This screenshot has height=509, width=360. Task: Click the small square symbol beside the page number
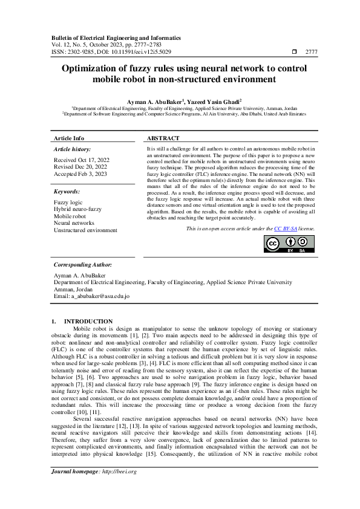(x=295, y=53)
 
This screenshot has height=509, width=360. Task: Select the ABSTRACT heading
(x=163, y=138)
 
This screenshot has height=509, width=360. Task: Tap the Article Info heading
(x=69, y=138)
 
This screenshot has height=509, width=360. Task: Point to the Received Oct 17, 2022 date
(x=80, y=160)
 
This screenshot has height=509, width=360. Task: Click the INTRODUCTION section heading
(x=88, y=321)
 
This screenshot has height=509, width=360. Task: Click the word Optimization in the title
(x=95, y=68)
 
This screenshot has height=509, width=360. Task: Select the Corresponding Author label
(x=82, y=265)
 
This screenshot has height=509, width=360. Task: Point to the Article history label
(x=73, y=148)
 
